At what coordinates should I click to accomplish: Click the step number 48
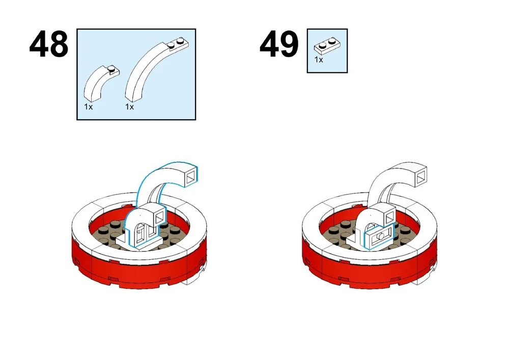point(49,45)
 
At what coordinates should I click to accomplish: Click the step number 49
point(279,45)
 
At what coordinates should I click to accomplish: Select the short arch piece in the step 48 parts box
point(99,85)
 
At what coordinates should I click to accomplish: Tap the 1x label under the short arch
point(89,107)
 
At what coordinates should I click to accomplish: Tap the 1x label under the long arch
point(129,107)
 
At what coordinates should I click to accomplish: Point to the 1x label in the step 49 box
point(319,60)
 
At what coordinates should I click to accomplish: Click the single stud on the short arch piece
point(111,68)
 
